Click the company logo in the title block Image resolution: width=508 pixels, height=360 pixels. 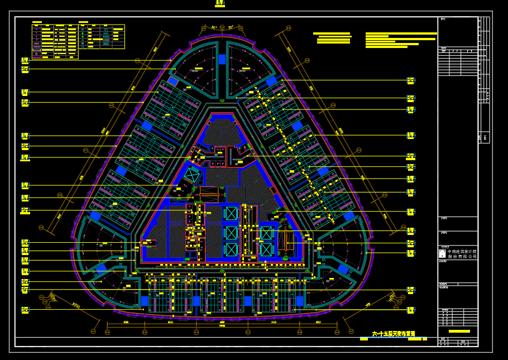click(x=442, y=254)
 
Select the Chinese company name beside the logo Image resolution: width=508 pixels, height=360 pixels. click(x=462, y=254)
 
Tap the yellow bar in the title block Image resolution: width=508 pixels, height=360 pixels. click(x=459, y=332)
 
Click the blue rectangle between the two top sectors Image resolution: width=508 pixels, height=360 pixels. click(x=222, y=59)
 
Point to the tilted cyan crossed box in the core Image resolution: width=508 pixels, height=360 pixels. click(x=191, y=175)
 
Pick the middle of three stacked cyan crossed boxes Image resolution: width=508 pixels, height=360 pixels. click(x=231, y=232)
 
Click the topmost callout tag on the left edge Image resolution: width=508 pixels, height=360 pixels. click(x=25, y=60)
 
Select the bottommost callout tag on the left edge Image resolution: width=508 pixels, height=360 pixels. click(x=25, y=310)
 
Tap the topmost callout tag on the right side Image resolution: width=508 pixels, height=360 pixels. click(x=411, y=80)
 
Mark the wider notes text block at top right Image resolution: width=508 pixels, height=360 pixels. click(x=400, y=41)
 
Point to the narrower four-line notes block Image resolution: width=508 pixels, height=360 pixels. click(x=333, y=38)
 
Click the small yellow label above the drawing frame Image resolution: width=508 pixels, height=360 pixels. click(x=220, y=4)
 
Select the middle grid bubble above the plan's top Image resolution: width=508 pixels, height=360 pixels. click(x=222, y=27)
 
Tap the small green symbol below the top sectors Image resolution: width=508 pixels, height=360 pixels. click(x=222, y=100)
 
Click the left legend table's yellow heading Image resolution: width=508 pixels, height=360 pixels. click(x=37, y=23)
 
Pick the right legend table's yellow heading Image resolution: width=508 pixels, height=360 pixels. click(x=84, y=23)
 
